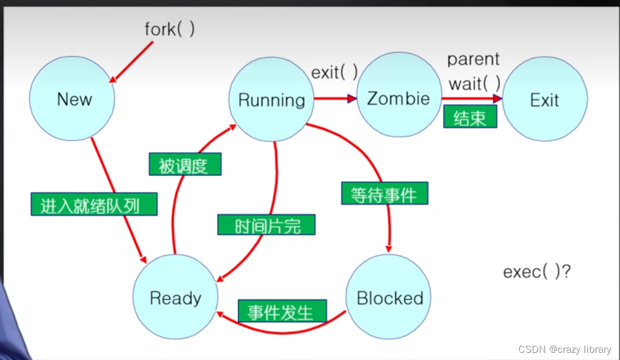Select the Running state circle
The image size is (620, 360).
coord(272,100)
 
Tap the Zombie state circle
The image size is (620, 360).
coord(399,99)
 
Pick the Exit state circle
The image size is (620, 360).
coord(545,100)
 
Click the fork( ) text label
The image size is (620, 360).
coord(169,29)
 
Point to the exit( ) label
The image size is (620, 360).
coord(335,72)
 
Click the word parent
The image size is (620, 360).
coord(473,59)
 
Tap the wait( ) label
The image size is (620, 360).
coord(474,84)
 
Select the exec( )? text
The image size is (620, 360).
coord(537,272)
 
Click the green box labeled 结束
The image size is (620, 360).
coord(470,117)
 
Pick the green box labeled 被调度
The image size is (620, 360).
coord(185,164)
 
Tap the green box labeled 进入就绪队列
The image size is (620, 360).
coord(94,204)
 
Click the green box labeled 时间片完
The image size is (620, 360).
coord(266,225)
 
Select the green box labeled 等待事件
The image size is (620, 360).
coord(384,193)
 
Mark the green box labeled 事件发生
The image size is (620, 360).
coord(282,311)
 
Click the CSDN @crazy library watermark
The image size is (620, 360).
coord(565,350)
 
